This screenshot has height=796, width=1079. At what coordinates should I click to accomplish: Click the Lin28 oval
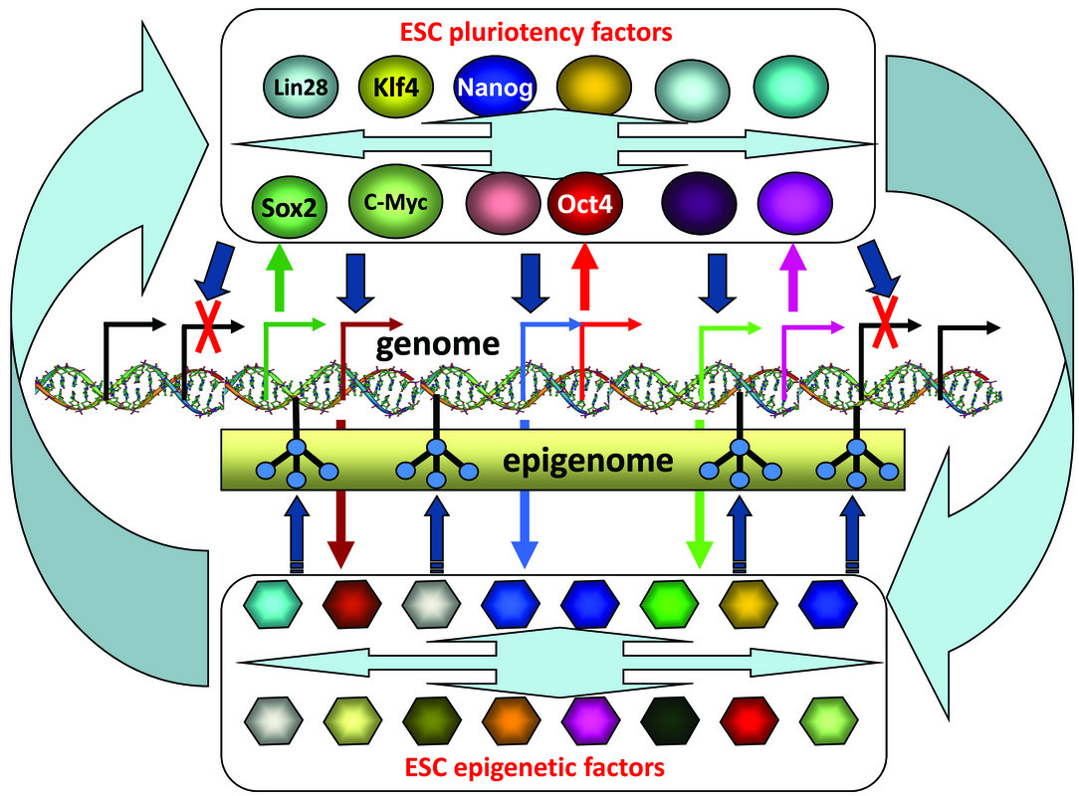(302, 87)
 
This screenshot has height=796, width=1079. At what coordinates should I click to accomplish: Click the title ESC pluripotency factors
(546, 32)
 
